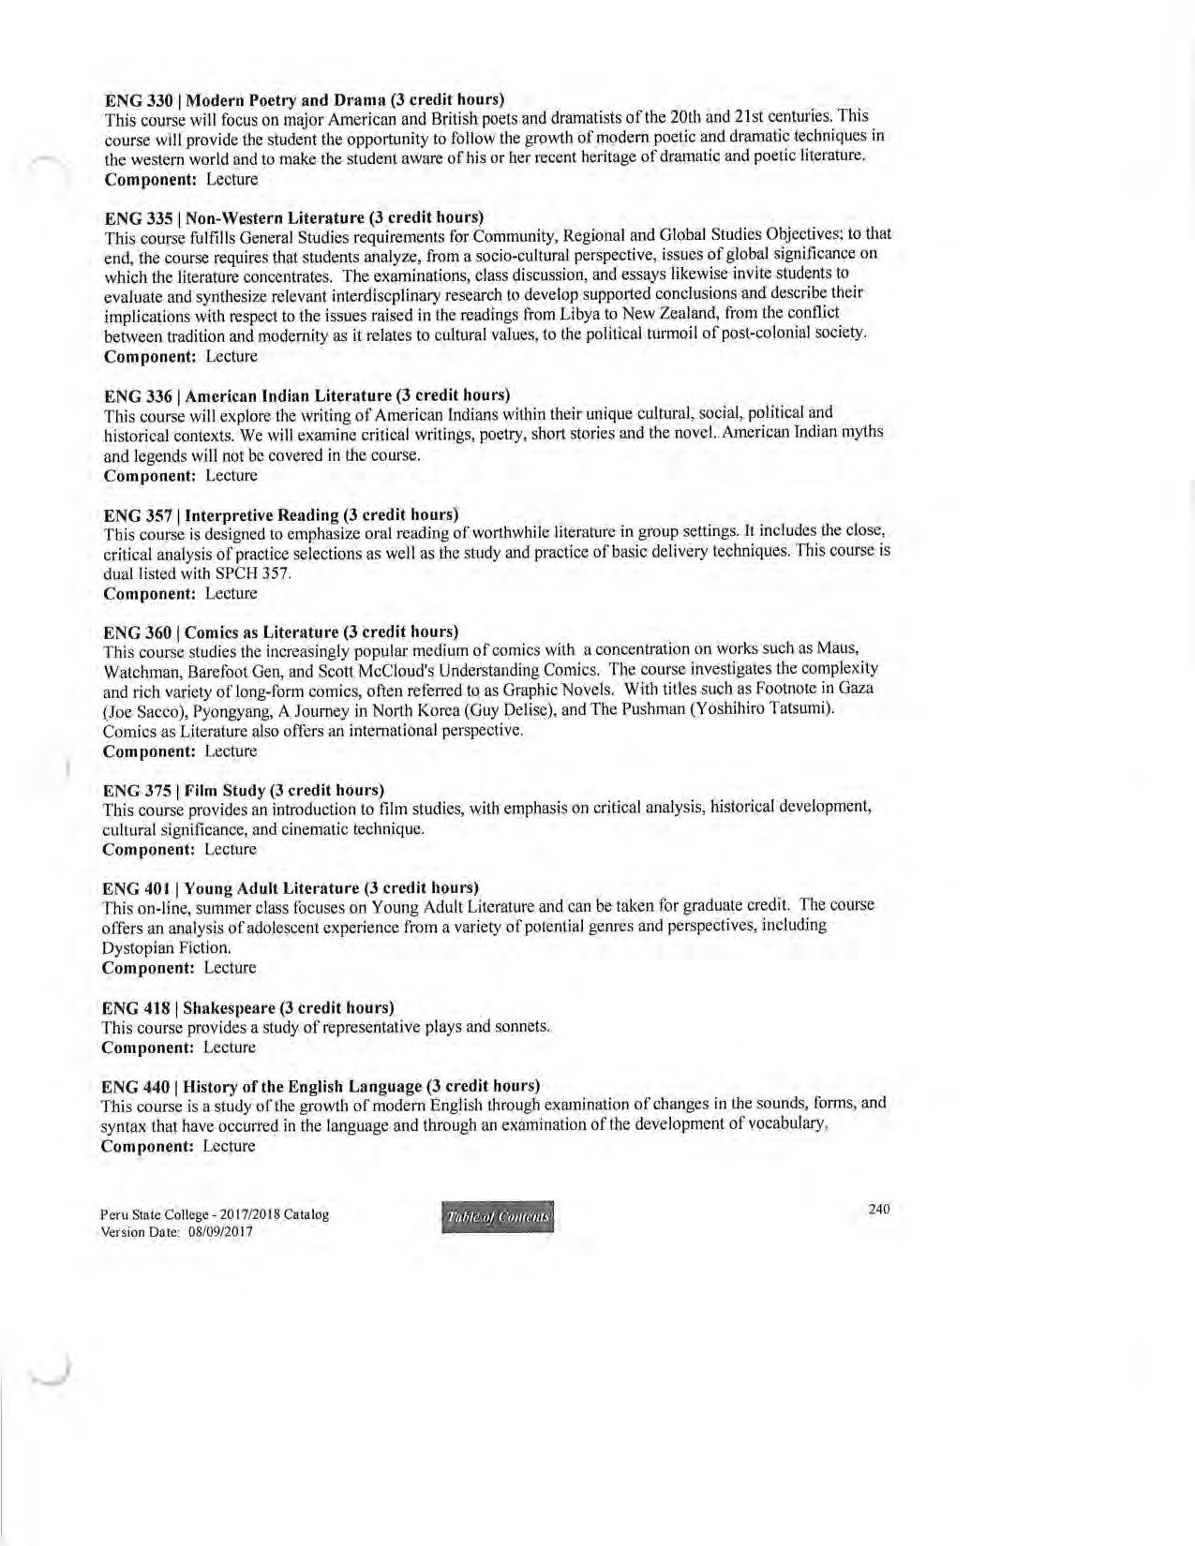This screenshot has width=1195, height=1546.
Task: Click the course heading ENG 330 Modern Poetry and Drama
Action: [x=305, y=99]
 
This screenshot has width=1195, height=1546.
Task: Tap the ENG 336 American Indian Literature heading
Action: [x=306, y=395]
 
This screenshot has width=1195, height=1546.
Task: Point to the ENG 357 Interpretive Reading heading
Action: [x=280, y=514]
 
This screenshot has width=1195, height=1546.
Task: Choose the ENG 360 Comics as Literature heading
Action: [x=280, y=632]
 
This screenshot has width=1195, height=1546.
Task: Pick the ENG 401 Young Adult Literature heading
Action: [x=290, y=887]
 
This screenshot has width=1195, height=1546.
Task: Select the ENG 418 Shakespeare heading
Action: [x=247, y=1008]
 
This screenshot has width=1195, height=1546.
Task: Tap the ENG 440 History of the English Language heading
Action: [x=320, y=1086]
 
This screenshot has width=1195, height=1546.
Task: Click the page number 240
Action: [x=878, y=1210]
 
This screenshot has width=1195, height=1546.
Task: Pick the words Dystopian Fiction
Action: [x=165, y=947]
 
